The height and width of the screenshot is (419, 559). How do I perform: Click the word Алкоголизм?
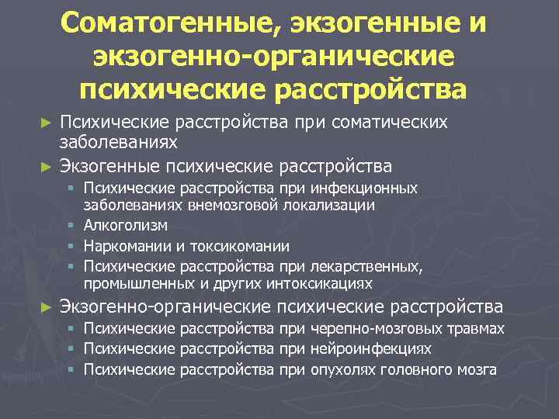pyautogui.click(x=127, y=226)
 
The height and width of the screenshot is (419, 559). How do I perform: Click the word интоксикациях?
pyautogui.click(x=317, y=284)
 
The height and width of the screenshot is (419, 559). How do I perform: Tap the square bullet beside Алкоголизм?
pyautogui.click(x=70, y=226)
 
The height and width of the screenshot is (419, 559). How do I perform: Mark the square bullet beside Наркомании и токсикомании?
pyautogui.click(x=70, y=246)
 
